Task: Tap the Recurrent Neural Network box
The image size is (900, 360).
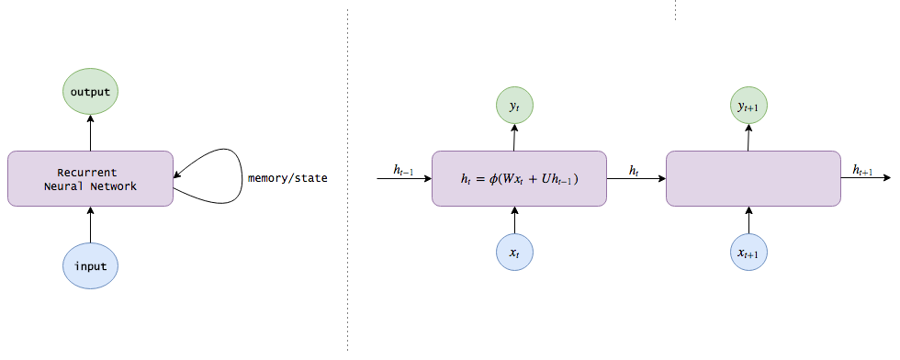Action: tap(90, 178)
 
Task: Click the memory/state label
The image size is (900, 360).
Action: tap(287, 178)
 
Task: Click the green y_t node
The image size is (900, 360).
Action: tap(514, 107)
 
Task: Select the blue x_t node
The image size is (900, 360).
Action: tap(514, 252)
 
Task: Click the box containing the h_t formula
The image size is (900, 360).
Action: tap(519, 178)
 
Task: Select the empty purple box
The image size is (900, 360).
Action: tap(753, 178)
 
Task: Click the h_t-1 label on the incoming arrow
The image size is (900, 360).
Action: tap(403, 170)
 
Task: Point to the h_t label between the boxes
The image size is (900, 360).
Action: tap(635, 170)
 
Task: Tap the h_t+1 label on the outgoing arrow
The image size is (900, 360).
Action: tap(862, 170)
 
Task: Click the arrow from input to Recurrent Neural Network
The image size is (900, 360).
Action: tap(90, 225)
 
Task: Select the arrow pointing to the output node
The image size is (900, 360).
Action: tap(90, 134)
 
